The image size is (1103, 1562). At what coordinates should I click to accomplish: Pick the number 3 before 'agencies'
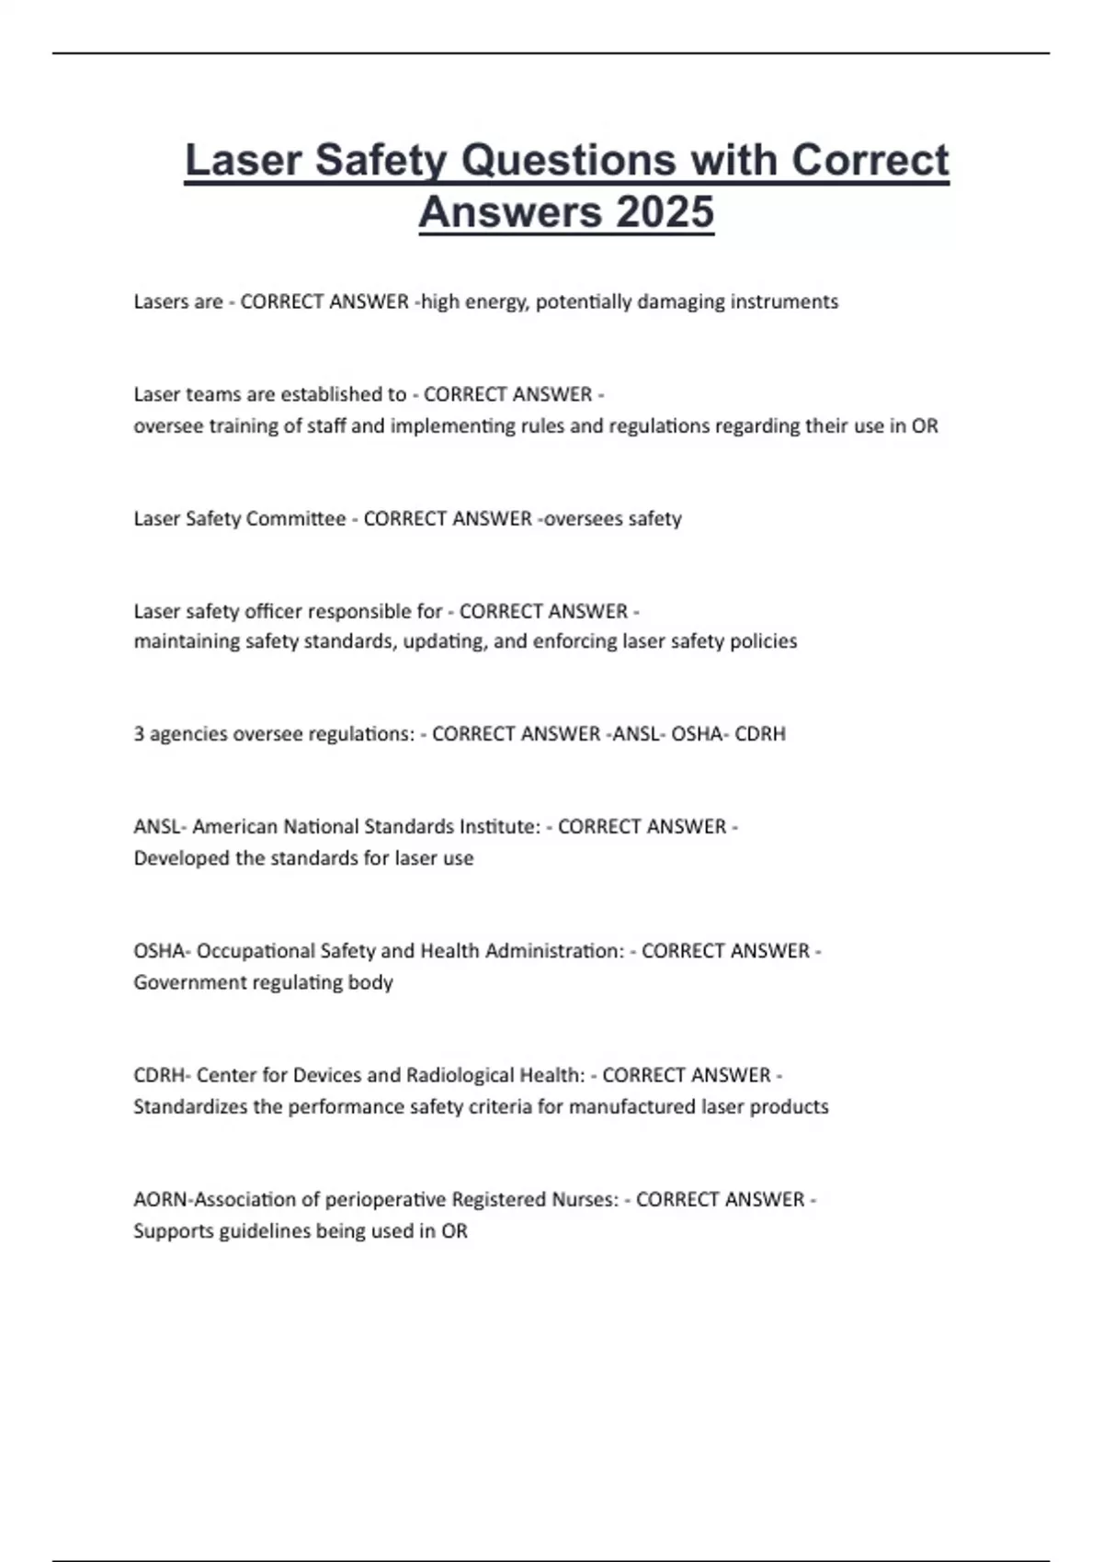pos(139,734)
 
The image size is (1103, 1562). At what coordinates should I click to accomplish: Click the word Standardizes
pos(190,1106)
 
